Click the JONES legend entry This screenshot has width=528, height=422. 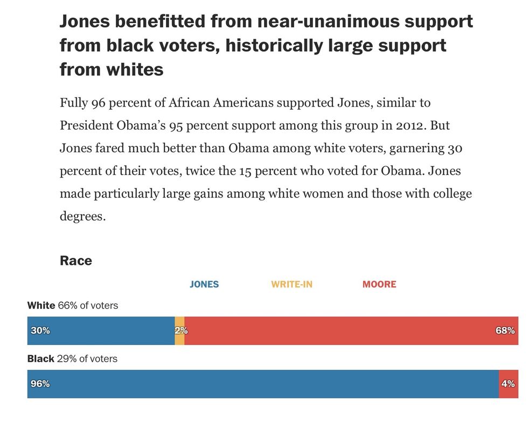tap(204, 284)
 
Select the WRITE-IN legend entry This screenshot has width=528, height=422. tap(291, 284)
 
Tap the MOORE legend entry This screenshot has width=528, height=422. tap(379, 284)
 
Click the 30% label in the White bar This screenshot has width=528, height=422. tap(40, 330)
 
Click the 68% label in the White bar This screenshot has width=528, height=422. tap(505, 330)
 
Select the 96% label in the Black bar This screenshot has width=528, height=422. tap(40, 384)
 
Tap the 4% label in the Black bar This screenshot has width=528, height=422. tap(508, 384)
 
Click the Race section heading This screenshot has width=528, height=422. tap(76, 261)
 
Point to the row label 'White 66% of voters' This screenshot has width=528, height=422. tap(73, 306)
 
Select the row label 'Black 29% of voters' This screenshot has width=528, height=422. tap(72, 358)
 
